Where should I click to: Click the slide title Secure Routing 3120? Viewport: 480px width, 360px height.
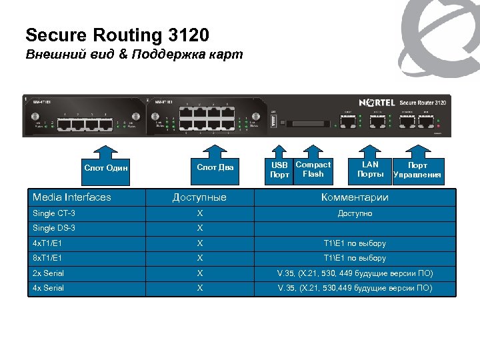point(117,34)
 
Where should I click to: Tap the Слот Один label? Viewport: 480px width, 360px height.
point(105,167)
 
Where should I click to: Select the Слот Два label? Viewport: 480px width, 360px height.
point(215,167)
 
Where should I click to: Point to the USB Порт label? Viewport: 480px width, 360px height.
point(279,170)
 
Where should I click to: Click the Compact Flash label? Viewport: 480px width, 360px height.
point(313,169)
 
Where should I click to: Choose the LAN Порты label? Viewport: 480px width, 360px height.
point(370,169)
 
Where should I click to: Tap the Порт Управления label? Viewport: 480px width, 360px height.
point(417,170)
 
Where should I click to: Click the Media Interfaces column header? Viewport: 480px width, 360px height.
point(72,197)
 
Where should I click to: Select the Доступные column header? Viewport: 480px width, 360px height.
point(199,197)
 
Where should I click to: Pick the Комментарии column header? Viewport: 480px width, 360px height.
point(355,197)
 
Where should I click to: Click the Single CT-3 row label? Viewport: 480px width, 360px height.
point(54,213)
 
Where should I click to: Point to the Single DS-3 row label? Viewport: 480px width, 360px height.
point(54,229)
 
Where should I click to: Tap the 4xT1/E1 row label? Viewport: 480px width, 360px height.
point(47,243)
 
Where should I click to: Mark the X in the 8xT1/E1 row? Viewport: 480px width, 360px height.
point(199,258)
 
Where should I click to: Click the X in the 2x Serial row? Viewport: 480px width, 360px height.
point(199,273)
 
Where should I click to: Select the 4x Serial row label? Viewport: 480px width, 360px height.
point(49,288)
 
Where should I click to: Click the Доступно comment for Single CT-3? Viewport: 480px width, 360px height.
point(355,213)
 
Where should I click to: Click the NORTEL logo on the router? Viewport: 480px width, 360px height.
point(377,103)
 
